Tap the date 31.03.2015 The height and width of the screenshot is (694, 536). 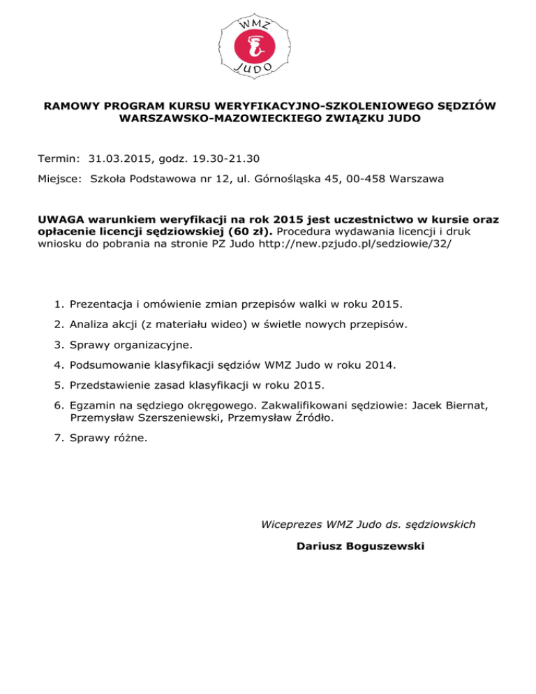[x=120, y=158]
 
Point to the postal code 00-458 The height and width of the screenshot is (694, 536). [x=370, y=179]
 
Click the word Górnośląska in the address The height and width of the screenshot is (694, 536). [x=279, y=179]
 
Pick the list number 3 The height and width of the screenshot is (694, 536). [x=58, y=344]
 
